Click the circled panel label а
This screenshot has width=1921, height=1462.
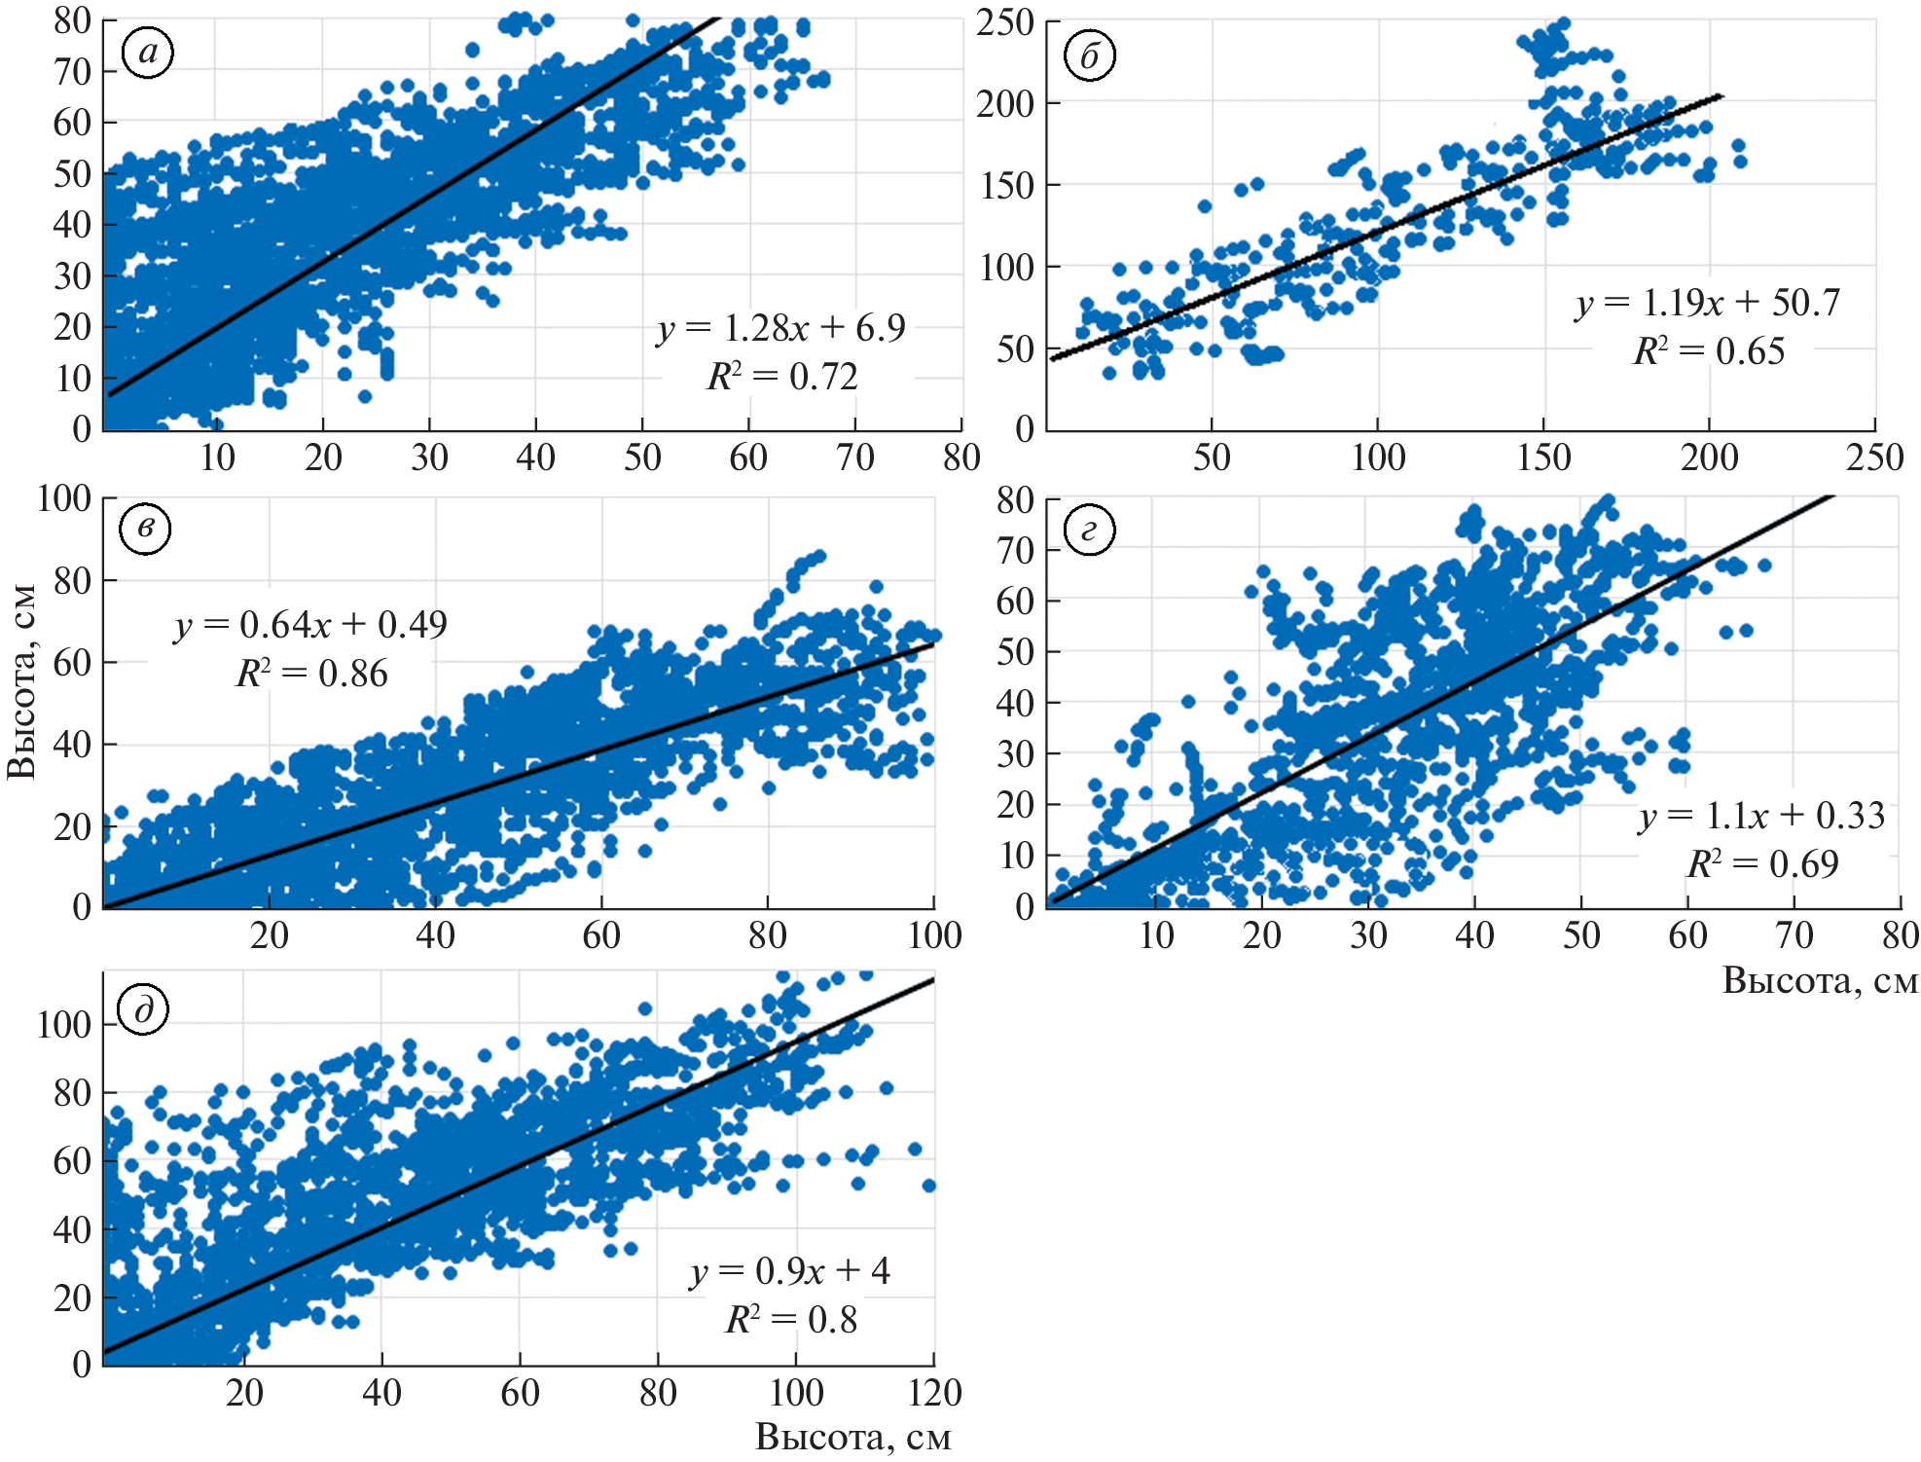click(148, 53)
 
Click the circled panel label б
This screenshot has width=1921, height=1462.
click(1090, 56)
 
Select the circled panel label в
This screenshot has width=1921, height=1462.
click(145, 529)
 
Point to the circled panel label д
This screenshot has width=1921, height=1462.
click(143, 1009)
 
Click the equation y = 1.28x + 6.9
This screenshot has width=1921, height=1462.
click(781, 329)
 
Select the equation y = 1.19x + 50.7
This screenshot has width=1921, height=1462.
click(1708, 303)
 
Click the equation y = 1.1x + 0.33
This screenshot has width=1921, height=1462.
click(1761, 816)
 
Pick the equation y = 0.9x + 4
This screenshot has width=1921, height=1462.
click(789, 1271)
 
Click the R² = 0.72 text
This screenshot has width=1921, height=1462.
click(782, 377)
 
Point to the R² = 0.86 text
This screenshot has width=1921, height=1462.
click(311, 674)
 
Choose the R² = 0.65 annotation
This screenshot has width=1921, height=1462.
click(1709, 351)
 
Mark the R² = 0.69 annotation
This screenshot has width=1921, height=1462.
click(1762, 864)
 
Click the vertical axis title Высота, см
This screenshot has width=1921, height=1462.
click(21, 681)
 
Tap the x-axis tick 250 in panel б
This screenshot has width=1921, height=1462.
click(1874, 457)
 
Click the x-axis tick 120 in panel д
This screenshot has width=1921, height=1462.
click(934, 1393)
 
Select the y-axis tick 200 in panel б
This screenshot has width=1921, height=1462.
click(1005, 103)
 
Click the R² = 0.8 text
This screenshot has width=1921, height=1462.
click(791, 1320)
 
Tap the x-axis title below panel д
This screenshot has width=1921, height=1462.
click(852, 1437)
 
